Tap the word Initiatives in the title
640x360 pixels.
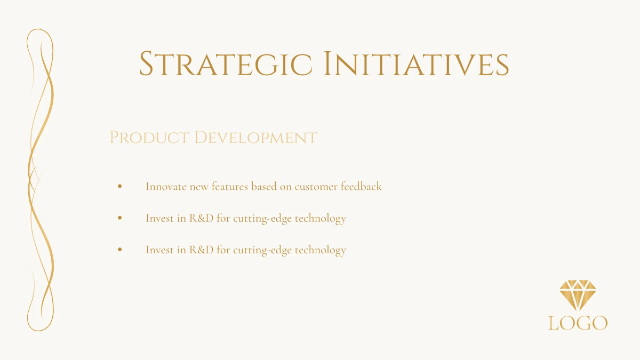pos(416,64)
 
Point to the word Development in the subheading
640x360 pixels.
pos(255,138)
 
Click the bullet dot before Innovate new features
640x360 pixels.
pos(120,187)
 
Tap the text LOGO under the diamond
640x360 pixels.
pos(578,323)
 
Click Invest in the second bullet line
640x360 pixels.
pos(159,218)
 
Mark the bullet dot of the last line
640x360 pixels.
pos(120,250)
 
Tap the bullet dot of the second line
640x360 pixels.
pos(120,218)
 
